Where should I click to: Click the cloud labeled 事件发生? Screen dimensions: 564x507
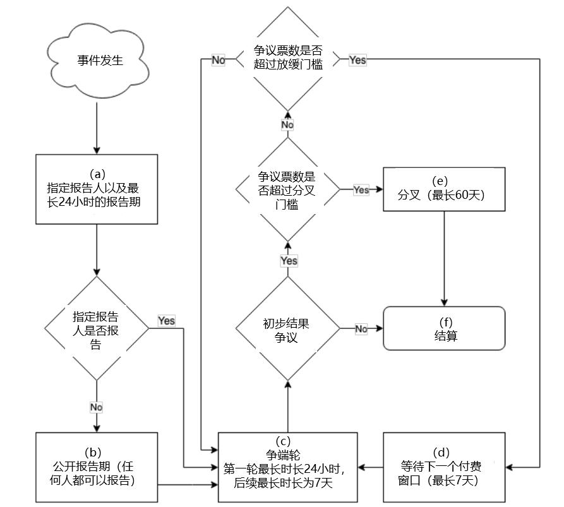[x=98, y=61]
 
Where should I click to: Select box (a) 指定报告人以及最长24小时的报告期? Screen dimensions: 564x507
[x=97, y=189]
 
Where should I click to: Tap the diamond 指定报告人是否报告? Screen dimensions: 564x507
[x=97, y=328]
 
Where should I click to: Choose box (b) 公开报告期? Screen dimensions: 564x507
[x=97, y=467]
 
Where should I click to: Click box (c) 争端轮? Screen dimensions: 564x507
[x=288, y=467]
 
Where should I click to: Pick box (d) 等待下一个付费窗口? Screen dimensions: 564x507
[x=444, y=467]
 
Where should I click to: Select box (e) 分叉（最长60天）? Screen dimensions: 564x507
[x=444, y=189]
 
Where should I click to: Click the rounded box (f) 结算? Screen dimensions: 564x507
[x=444, y=328]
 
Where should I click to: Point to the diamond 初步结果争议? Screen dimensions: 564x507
[x=288, y=328]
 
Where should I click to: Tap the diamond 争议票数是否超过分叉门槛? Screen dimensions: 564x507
[x=288, y=189]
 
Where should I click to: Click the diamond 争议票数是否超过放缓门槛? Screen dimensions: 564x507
[x=288, y=59]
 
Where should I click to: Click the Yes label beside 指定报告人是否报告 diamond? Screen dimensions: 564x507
[x=167, y=321]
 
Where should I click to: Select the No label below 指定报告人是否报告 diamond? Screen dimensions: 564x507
[x=97, y=407]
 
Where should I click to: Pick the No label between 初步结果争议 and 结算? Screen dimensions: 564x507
[x=361, y=329]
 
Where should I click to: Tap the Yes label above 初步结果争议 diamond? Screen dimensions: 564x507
[x=289, y=261]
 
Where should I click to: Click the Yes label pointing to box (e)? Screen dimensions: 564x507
[x=361, y=189]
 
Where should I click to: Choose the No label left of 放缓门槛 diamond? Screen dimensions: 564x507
[x=219, y=60]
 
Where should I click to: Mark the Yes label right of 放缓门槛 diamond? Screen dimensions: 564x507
[x=357, y=60]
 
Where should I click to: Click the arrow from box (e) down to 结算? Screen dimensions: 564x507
[x=444, y=258]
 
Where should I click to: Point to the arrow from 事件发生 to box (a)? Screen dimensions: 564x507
[x=97, y=128]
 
